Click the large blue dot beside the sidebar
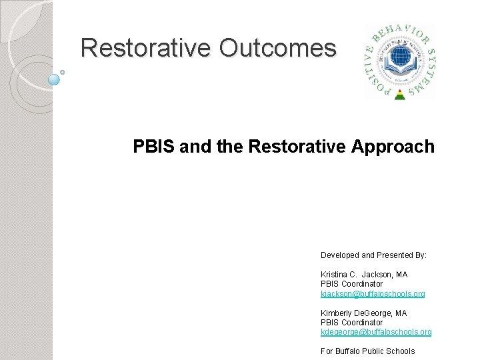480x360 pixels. pos(54,79)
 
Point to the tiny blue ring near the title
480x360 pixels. pos(63,71)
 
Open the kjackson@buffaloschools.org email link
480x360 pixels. pos(372,293)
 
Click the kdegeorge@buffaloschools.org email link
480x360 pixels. pos(375,332)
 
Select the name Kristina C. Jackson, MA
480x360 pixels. pos(363,274)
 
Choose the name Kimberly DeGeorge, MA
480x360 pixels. pos(363,313)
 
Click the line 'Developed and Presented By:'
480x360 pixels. pos(373,255)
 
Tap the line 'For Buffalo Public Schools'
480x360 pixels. pos(367,351)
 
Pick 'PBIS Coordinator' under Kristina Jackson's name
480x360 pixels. pos(351,284)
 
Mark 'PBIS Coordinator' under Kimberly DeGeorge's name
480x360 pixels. pos(351,322)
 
